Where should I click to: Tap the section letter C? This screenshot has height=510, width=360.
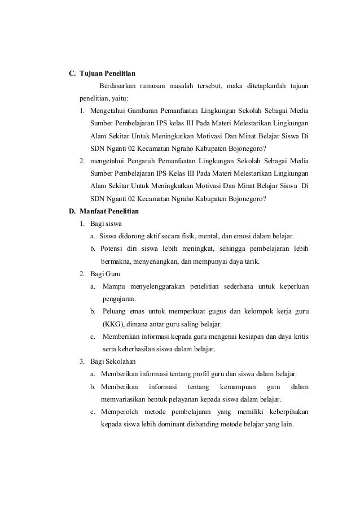pos(72,73)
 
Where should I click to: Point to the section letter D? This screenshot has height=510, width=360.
pos(72,212)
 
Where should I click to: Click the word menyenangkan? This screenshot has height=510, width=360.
pos(159,261)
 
